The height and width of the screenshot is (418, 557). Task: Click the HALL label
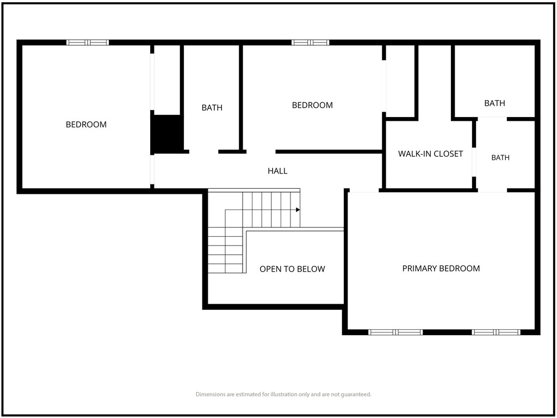(x=277, y=171)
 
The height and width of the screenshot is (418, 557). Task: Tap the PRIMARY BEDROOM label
(x=441, y=268)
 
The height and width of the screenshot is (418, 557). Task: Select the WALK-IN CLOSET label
(x=430, y=154)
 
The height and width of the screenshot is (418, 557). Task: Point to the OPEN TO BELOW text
(x=292, y=269)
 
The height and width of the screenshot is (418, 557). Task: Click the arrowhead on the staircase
(x=298, y=210)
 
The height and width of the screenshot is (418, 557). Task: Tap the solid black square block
(x=167, y=134)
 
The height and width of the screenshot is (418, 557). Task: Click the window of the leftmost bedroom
(x=88, y=42)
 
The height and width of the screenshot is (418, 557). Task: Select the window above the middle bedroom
(x=311, y=42)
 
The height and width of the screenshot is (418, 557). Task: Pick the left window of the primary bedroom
(x=395, y=333)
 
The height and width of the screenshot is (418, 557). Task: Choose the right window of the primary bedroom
(x=496, y=333)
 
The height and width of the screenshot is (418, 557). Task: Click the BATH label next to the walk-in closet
(x=500, y=157)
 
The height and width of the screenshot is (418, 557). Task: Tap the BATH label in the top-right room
(x=494, y=103)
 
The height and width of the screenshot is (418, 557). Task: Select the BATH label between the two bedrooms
(x=212, y=107)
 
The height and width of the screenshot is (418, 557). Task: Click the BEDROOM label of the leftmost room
(x=86, y=125)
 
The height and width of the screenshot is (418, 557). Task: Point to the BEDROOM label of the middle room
(x=312, y=105)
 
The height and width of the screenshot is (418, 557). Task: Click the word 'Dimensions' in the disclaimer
(x=211, y=394)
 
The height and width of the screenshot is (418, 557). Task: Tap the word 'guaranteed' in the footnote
(x=356, y=394)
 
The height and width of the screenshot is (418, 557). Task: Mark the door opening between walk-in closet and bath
(x=474, y=162)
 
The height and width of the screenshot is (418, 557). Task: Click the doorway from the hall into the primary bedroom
(x=364, y=191)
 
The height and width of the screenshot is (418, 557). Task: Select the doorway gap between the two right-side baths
(x=492, y=119)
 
